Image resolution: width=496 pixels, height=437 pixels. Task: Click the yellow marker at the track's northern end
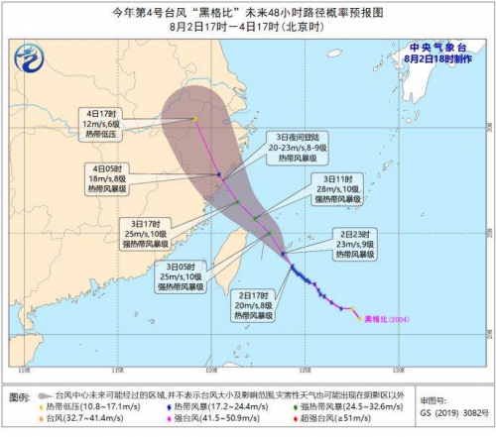(x=195, y=119)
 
